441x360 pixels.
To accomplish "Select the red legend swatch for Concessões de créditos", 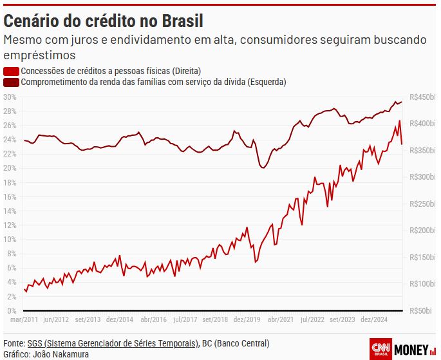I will coord(11,71).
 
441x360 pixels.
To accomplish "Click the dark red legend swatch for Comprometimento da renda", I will coord(11,82).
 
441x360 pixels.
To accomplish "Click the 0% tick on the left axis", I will coord(11,310).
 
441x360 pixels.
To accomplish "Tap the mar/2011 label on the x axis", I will coord(24,319).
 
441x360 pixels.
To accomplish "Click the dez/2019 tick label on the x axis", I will coord(247,319).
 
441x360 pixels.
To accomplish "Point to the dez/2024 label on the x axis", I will coord(375,319).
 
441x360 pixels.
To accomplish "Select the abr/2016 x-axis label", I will coord(154,319).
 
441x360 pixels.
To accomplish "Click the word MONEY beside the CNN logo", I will coord(411,349).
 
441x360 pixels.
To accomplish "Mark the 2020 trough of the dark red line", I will coord(262,168).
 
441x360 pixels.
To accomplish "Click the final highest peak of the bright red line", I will coord(399,120).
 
